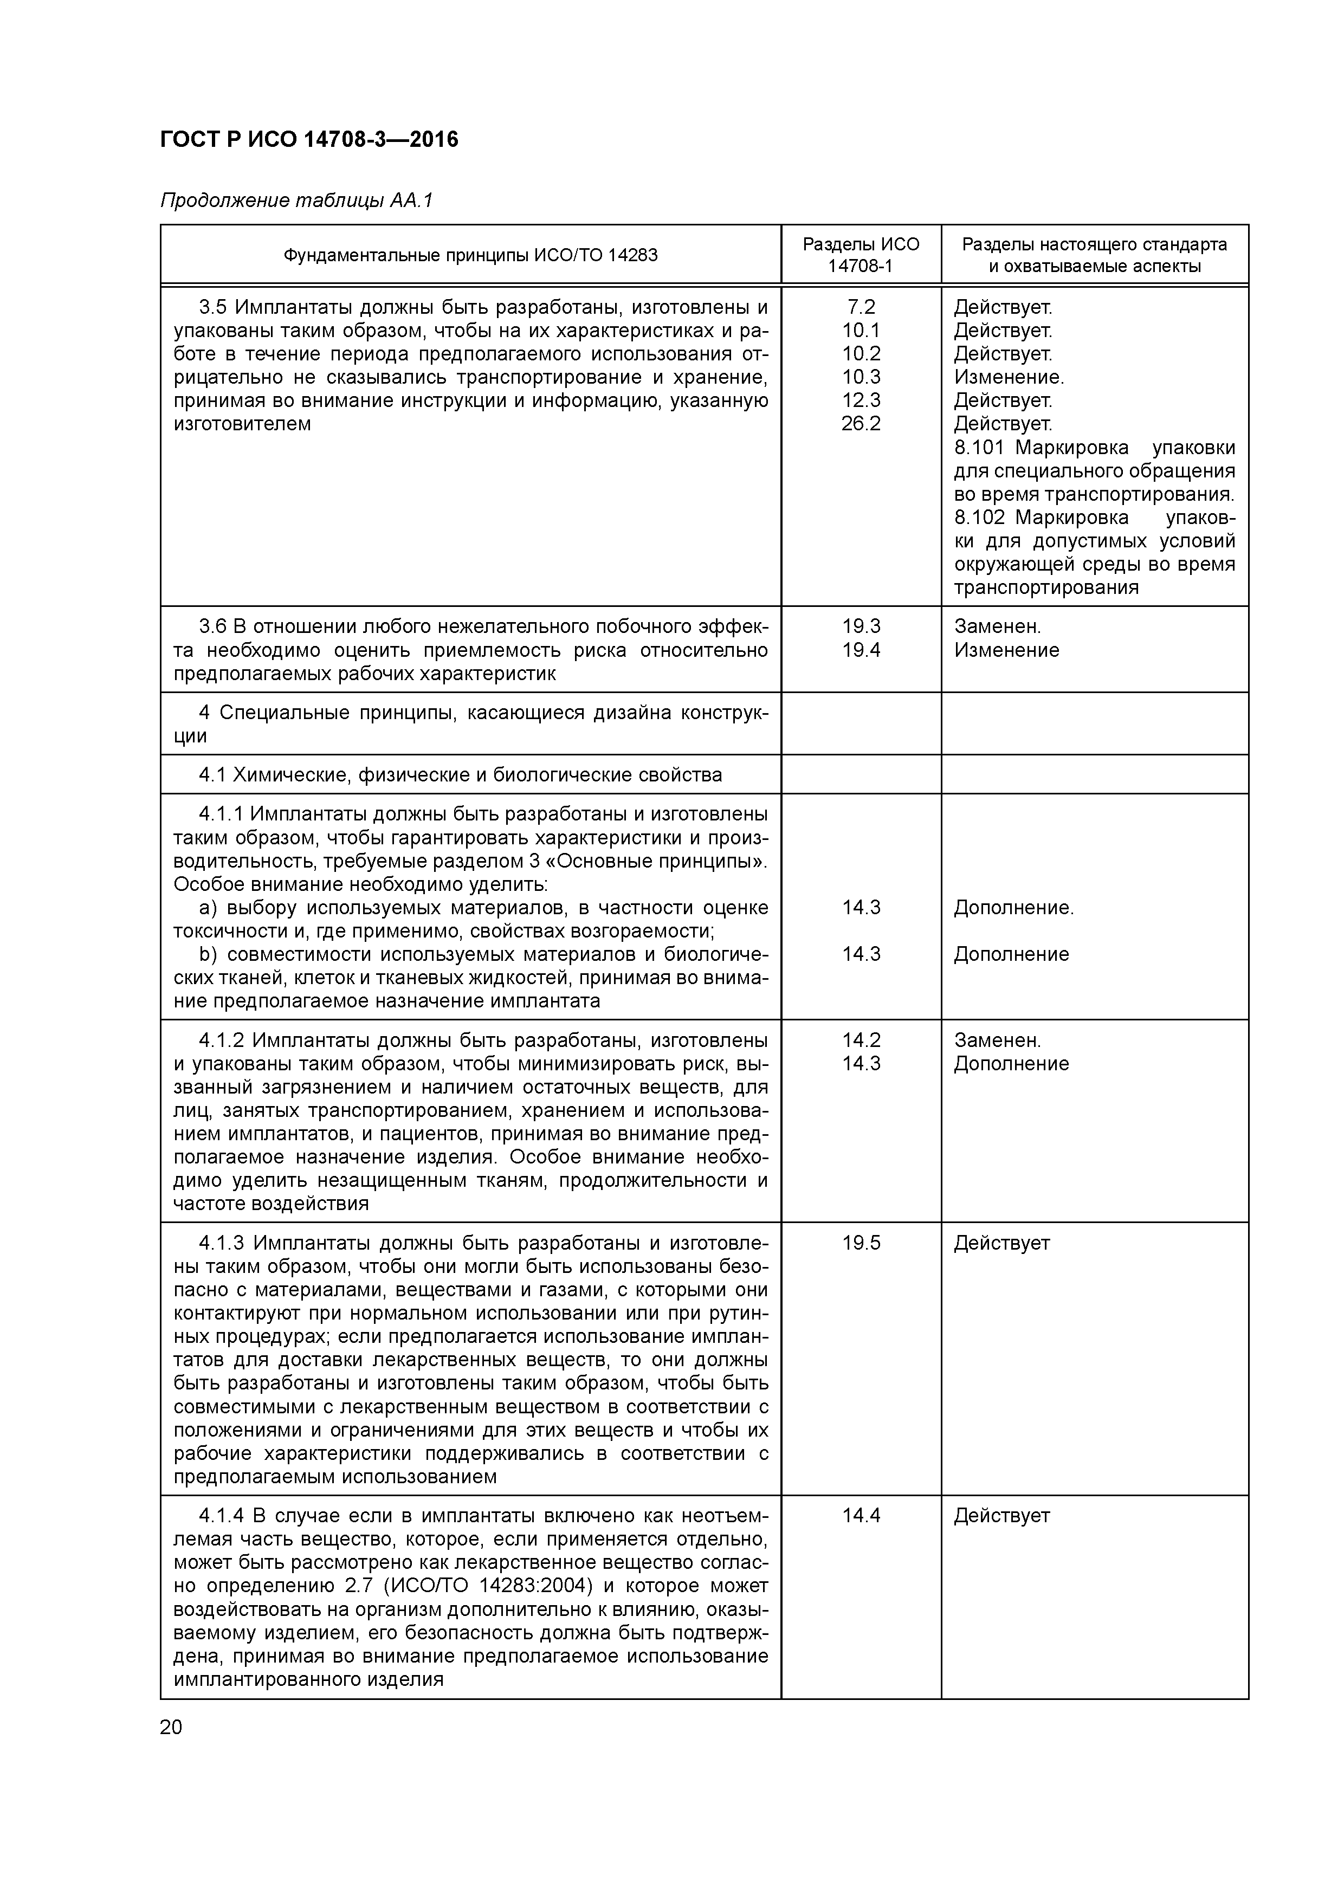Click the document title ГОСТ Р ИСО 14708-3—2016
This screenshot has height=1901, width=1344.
(x=309, y=140)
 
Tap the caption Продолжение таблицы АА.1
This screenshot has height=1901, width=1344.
(x=296, y=201)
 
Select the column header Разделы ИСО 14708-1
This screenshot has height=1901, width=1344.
(x=861, y=255)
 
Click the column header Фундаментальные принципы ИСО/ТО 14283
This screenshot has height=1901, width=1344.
(x=470, y=255)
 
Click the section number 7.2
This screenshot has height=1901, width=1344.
(x=861, y=307)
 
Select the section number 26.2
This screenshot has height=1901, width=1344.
(x=861, y=424)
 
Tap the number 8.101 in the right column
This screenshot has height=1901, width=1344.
(x=979, y=448)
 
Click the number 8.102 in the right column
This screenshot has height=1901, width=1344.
(x=979, y=518)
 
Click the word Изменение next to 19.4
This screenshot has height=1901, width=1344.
(x=1006, y=650)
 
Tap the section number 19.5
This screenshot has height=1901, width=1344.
(x=861, y=1243)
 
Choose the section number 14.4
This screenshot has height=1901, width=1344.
(x=861, y=1515)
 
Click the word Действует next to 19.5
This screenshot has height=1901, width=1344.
(x=1001, y=1243)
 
